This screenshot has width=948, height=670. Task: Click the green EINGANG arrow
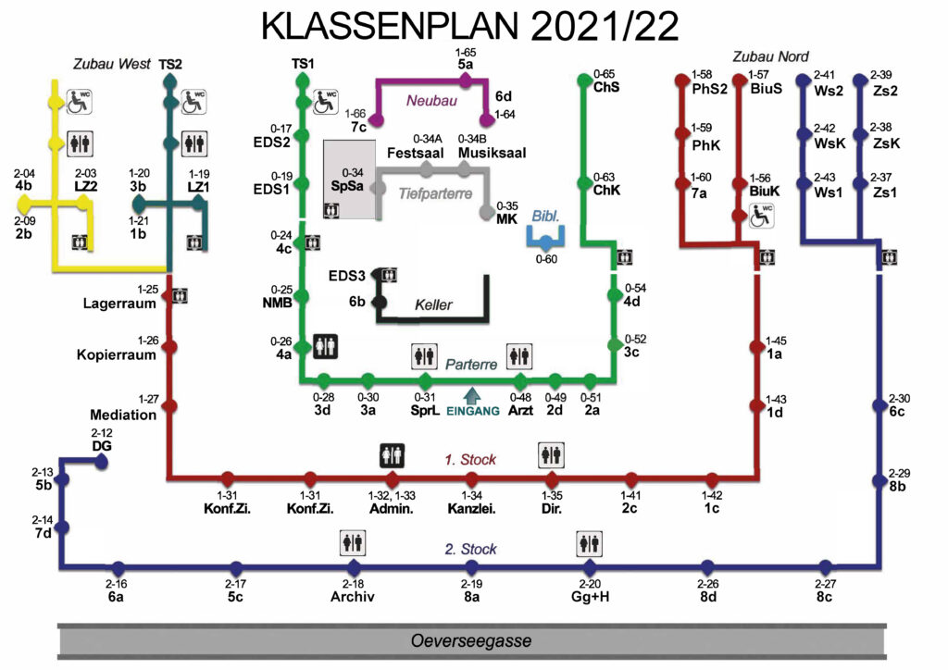tap(471, 396)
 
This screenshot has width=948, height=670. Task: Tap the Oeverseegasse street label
tap(471, 641)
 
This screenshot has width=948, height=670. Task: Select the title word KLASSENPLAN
tap(390, 26)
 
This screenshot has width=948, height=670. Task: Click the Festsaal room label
tap(416, 153)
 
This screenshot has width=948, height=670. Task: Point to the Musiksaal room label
tap(492, 153)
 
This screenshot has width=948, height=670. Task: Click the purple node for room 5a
tap(466, 80)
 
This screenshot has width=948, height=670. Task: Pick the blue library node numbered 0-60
tap(546, 242)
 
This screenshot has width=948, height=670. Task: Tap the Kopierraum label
tap(116, 354)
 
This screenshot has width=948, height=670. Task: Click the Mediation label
tap(123, 415)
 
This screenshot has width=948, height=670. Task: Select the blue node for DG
tap(102, 462)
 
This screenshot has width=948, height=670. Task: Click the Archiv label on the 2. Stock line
tap(353, 596)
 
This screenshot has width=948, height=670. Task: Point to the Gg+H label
tap(590, 596)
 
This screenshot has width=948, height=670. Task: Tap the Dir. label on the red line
tap(552, 509)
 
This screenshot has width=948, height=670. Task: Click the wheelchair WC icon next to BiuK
tap(761, 216)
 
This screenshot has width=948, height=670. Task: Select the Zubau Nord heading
tap(771, 56)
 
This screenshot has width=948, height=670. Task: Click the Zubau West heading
tap(112, 64)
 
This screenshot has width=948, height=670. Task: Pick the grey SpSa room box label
tap(347, 185)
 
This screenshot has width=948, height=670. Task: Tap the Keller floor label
tap(433, 304)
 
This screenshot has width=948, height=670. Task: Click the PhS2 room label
tap(710, 89)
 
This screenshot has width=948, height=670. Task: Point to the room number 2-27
tap(825, 584)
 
